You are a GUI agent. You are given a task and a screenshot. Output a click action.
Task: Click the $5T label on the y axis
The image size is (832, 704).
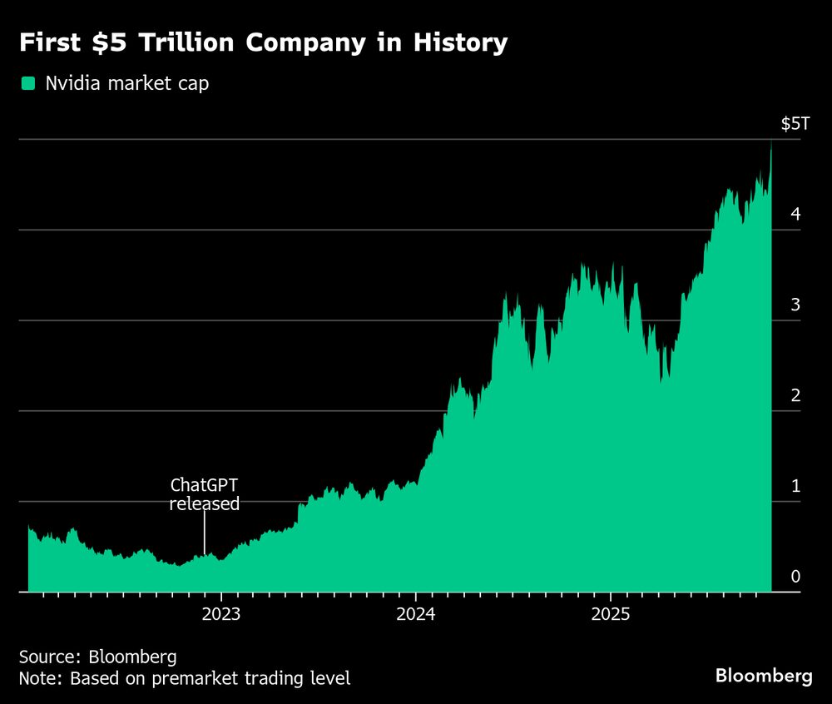[x=794, y=124]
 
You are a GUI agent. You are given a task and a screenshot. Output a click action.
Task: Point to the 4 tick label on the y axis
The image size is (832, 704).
[x=795, y=214]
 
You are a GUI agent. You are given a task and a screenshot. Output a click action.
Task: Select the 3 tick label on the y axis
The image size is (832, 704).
[x=795, y=305]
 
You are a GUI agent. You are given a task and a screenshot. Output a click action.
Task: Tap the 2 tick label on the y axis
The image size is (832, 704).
[x=795, y=395]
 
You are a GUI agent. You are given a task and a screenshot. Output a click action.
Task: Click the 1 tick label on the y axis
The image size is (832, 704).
[x=795, y=486]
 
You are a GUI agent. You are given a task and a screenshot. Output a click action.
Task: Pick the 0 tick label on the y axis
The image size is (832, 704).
[x=795, y=577]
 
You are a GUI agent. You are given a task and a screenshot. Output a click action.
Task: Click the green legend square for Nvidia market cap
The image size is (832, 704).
[x=28, y=83]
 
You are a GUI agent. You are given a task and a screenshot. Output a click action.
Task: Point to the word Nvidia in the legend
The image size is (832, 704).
[x=69, y=83]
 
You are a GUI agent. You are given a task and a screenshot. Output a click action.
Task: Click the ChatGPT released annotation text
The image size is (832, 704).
[x=204, y=494]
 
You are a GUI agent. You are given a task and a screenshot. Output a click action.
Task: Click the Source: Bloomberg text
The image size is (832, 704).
[x=97, y=657]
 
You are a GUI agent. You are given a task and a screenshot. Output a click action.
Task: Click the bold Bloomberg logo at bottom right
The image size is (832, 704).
[x=764, y=676]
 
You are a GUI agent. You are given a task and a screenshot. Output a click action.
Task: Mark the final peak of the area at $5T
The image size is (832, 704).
[x=770, y=143]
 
